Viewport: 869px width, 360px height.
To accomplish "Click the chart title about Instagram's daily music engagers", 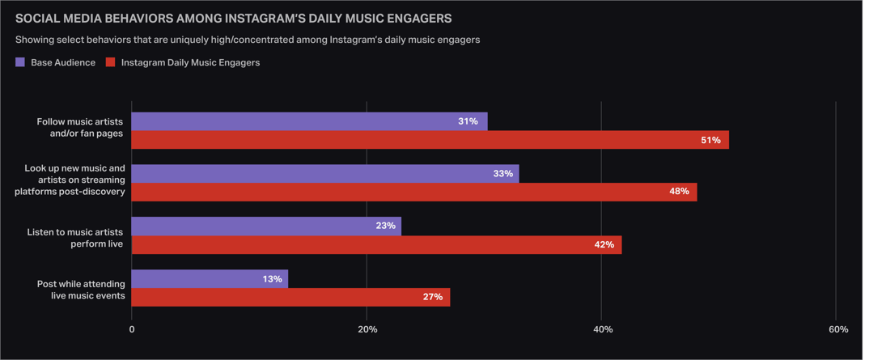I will [x=233, y=18].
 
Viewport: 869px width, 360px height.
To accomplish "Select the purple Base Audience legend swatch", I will [x=20, y=62].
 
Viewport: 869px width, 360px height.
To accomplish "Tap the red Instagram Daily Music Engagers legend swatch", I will [x=111, y=62].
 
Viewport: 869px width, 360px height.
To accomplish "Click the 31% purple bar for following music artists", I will [x=309, y=121].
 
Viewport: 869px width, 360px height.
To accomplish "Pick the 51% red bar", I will [x=430, y=140].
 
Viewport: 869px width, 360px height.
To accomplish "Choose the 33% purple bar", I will [x=324, y=173].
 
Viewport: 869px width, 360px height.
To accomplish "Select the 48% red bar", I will [x=413, y=192].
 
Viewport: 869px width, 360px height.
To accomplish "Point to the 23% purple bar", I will [x=266, y=226].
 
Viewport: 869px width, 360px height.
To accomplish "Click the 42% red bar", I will [x=376, y=244].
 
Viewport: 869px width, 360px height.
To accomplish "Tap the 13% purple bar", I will [x=210, y=278].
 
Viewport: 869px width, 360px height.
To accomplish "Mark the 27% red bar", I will [x=290, y=297].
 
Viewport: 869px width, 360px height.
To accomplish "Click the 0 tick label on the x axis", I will [x=133, y=329].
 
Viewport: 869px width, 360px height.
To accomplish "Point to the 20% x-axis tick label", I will [x=367, y=329].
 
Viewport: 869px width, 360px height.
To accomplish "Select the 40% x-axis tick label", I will [x=603, y=329].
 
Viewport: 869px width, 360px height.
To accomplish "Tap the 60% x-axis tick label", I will [x=838, y=329].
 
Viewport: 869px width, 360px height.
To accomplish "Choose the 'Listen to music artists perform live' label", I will [x=74, y=238].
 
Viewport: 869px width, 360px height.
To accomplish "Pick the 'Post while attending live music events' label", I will [x=81, y=290].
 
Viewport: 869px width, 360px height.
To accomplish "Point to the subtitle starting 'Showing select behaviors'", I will [x=248, y=40].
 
